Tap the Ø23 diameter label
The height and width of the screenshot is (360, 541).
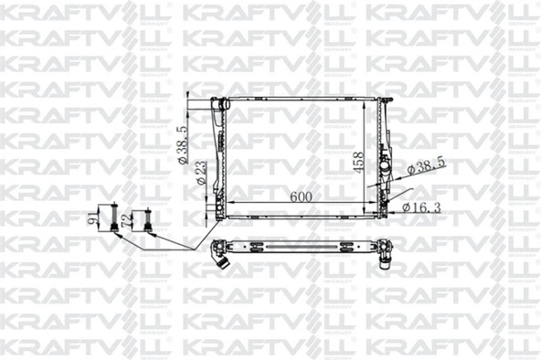199,174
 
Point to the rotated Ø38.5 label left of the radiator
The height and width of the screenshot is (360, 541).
182,145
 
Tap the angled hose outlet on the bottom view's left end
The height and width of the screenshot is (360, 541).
220,259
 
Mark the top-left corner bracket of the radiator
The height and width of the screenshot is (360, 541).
219,101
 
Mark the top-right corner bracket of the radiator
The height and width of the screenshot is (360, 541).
384,100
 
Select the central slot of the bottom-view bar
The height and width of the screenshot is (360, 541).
302,247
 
